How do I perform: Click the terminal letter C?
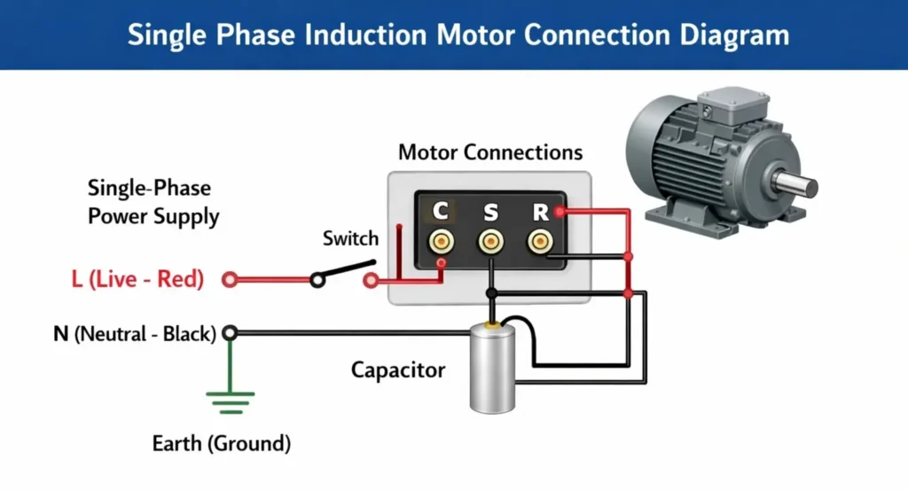pos(440,211)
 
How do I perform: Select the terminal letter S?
pos(490,211)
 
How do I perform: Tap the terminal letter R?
pos(539,211)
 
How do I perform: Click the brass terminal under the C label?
pos(440,240)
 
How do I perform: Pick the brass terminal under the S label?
pos(490,240)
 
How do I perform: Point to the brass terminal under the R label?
pos(538,240)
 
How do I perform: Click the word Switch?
pos(350,238)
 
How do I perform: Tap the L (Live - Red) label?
pos(137,280)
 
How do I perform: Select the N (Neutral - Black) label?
pos(134,334)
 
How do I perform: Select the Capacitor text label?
pos(398,369)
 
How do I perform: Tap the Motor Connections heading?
pos(490,152)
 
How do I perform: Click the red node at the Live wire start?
pos(230,280)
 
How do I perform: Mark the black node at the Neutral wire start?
pos(230,333)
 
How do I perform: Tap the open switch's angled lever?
pos(346,270)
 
